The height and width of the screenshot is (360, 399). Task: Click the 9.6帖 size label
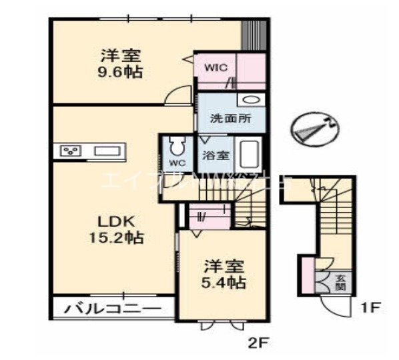click(x=122, y=71)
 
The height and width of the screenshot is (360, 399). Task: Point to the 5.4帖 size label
click(x=224, y=283)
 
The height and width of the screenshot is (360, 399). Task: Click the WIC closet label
click(x=216, y=67)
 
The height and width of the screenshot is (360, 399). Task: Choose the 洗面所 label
click(x=230, y=120)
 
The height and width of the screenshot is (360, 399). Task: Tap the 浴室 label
click(x=216, y=155)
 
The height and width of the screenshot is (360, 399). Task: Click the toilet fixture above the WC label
click(x=177, y=146)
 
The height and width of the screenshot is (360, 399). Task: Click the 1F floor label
click(x=371, y=309)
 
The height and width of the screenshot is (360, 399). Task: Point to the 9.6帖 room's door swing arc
click(x=175, y=95)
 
